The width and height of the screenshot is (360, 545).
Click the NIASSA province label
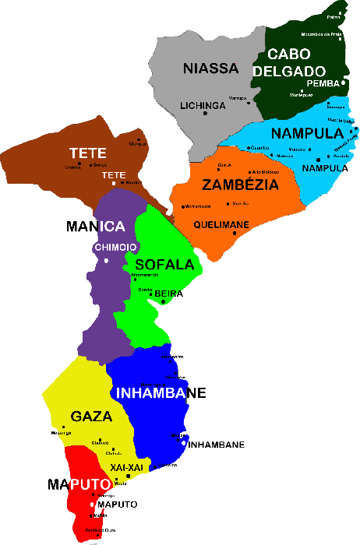[x=210, y=69]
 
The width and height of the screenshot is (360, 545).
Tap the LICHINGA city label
[x=202, y=105]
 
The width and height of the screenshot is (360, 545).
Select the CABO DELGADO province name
[x=288, y=62]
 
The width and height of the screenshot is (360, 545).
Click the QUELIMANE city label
[x=221, y=225]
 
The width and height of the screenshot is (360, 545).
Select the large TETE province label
[x=87, y=153]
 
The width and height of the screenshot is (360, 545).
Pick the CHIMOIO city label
[x=115, y=247]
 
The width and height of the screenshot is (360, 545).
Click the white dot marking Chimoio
[x=107, y=260]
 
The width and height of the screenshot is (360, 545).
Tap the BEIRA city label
[x=170, y=293]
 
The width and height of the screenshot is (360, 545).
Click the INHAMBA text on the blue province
[x=151, y=392]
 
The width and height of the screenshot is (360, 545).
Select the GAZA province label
[x=91, y=417]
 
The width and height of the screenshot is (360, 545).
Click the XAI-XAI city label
[x=126, y=466]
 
